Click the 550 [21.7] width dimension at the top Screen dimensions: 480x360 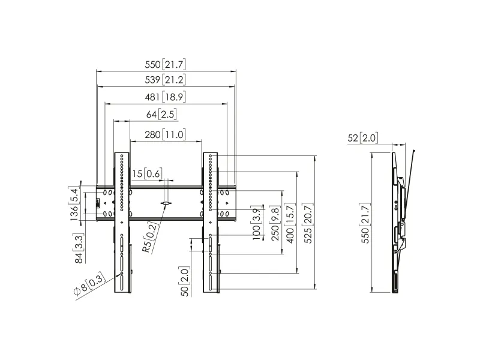coord(166,64)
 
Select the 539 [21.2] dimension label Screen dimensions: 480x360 coord(166,80)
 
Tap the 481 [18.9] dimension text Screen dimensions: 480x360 coord(166,97)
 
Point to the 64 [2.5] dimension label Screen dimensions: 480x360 coord(161,114)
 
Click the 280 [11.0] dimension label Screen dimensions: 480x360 coord(166,134)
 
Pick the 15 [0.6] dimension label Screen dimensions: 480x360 coord(147,173)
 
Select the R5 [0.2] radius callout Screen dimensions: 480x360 coord(151,237)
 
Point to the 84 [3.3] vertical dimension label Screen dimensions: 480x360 coord(79,248)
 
